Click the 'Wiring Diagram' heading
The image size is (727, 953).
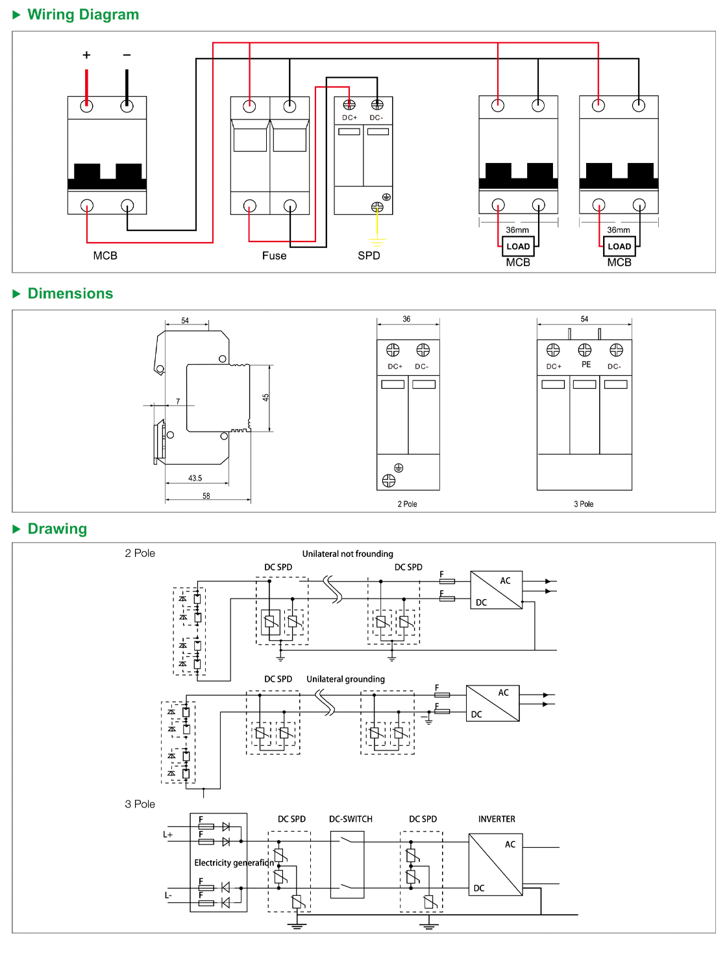pos(83,14)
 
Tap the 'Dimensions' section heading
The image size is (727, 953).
pos(70,293)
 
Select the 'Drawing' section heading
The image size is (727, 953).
pos(57,528)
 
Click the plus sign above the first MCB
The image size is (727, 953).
pos(86,55)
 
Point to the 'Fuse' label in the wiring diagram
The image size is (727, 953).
pos(274,256)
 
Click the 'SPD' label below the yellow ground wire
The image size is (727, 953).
pos(369,256)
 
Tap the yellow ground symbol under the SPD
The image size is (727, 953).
pos(377,241)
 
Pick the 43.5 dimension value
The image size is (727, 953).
pos(195,478)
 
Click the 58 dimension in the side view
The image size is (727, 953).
pos(206,496)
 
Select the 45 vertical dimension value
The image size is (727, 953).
pos(265,397)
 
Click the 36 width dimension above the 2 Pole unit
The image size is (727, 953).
pos(406,319)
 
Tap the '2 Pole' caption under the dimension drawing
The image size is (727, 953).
pos(407,504)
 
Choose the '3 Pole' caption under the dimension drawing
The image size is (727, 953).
pos(584,504)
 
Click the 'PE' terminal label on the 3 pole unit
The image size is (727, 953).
pos(586,365)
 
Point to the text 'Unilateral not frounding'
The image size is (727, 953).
pos(347,554)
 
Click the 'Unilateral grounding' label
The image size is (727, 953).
pos(345,679)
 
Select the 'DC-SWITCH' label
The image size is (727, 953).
pos(351,819)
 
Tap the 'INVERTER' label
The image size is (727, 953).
pos(497,819)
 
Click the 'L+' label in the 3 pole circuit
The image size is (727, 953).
pos(167,835)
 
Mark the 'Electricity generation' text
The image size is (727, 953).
pos(234,863)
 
